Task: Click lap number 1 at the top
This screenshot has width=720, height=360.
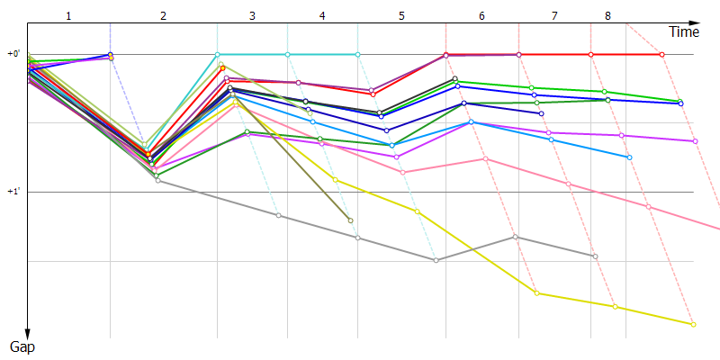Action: [68, 16]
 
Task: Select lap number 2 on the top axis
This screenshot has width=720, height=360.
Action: [163, 16]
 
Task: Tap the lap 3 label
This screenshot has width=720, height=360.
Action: [252, 16]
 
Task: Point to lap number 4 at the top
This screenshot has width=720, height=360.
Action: [322, 16]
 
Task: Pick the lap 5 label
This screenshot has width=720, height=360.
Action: [401, 16]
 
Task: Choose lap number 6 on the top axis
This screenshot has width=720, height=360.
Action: [481, 16]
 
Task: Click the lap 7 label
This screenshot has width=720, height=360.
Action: [554, 16]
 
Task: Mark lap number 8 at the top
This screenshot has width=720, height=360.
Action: [607, 16]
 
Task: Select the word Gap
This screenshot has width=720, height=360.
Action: [22, 346]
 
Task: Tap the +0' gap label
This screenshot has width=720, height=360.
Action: [13, 54]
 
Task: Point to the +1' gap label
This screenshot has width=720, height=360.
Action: [13, 192]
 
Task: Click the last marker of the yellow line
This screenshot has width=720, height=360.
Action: [693, 324]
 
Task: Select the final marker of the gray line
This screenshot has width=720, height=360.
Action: [595, 256]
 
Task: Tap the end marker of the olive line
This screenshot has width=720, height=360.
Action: [350, 220]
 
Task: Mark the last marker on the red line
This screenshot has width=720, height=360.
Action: [662, 55]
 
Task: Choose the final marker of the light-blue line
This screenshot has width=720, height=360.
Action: [628, 157]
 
